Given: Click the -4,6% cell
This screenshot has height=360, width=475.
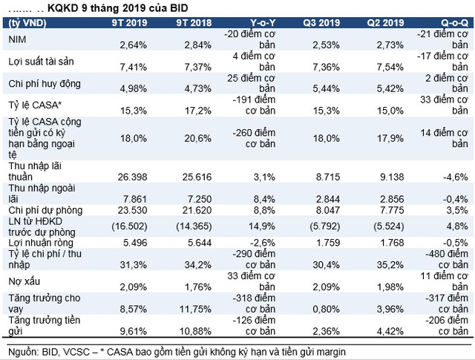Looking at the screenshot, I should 453,177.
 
